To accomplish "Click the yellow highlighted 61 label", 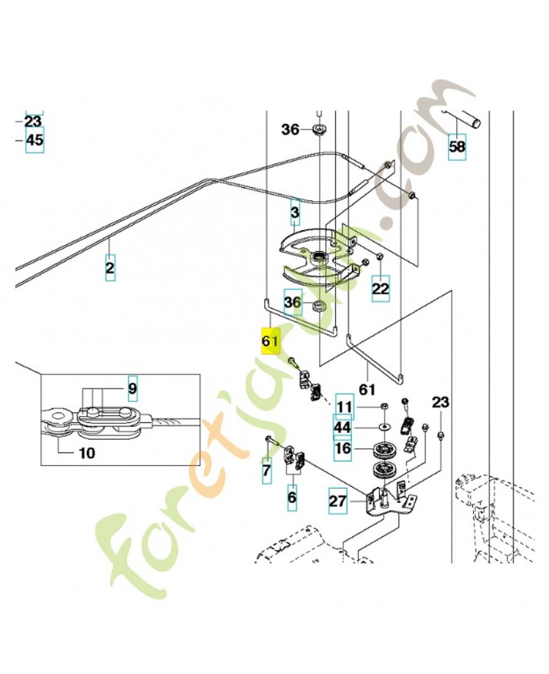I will coord(269,342).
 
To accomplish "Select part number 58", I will coord(456,146).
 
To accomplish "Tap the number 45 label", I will coord(34,140).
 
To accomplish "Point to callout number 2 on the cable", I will coord(110,269).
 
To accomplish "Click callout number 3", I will coord(295,211).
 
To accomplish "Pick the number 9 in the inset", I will coord(132,390).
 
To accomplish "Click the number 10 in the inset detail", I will coord(87,452).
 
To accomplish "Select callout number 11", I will coord(344,407).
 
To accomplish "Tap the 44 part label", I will coord(343,428).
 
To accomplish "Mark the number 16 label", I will coord(343,448).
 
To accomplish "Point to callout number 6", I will coord(292,498).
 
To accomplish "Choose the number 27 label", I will coord(338,503).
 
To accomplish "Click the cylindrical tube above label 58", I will coord(466,118).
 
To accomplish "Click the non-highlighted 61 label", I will coord(369,388).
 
